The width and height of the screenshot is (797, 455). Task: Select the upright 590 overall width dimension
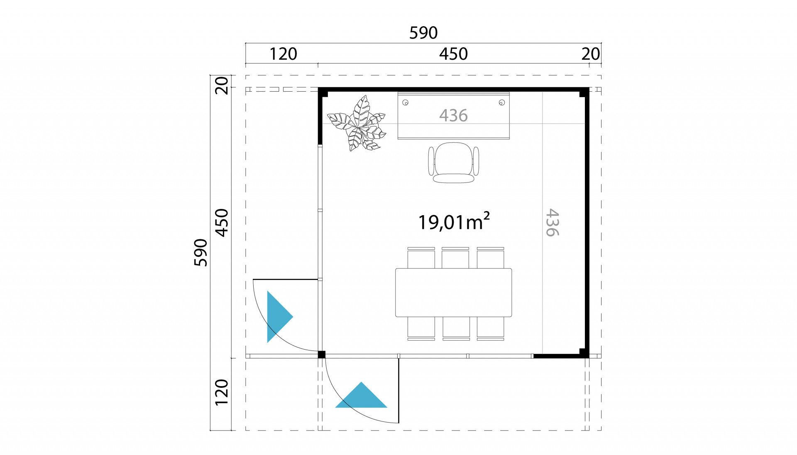pos(423,33)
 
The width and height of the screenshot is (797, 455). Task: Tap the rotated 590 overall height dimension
pos(201,252)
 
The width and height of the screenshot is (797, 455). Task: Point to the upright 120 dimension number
pos(284,54)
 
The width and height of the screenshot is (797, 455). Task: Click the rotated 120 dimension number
pos(222,392)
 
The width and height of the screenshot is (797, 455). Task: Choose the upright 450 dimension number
pos(454,54)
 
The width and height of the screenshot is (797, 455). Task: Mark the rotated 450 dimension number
pos(222,223)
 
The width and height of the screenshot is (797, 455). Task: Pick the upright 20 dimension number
pos(591,54)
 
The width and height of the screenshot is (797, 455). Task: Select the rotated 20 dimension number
pos(222,85)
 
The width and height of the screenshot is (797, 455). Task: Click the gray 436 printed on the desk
pos(454,115)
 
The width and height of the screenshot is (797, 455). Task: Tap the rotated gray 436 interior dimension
pos(552,223)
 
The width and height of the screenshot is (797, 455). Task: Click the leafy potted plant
pos(357,123)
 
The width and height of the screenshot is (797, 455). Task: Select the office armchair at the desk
pos(454,163)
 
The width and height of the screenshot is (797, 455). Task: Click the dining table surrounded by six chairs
pos(454,293)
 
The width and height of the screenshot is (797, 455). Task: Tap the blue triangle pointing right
pos(280,317)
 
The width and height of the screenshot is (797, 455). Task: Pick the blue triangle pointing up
pos(361,395)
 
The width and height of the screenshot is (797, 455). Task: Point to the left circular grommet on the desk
pos(406,102)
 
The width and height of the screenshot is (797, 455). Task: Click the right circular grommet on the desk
pos(502,102)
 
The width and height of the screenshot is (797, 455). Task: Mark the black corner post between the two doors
pos(321,355)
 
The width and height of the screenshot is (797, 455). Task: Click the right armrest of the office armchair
pos(476,161)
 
